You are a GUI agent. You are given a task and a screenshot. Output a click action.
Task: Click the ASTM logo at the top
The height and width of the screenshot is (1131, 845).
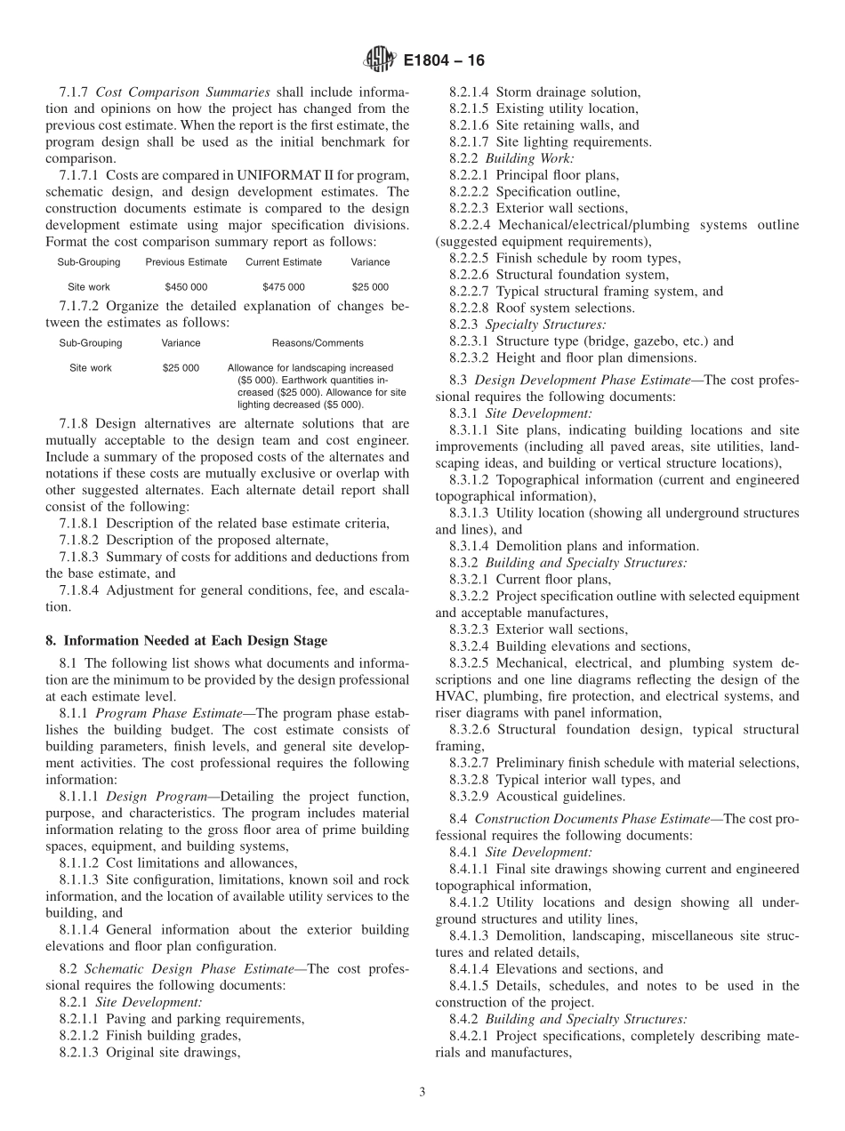coord(379,60)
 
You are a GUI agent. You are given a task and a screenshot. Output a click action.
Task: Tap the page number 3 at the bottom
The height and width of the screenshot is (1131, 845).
coord(422,1093)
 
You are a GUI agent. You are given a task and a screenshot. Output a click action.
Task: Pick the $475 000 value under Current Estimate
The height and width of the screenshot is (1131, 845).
coord(284,287)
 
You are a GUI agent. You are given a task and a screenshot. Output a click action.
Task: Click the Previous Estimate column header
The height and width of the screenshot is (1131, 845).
coord(186,262)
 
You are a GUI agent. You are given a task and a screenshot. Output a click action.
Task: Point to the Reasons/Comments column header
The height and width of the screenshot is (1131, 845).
coord(317,343)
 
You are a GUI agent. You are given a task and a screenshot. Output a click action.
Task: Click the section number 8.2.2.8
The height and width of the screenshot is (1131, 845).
coord(469,308)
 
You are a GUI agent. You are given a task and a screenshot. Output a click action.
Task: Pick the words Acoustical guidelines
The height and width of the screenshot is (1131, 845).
coord(560,796)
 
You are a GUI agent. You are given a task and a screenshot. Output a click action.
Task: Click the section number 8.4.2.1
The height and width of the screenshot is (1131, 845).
coord(469,1036)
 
